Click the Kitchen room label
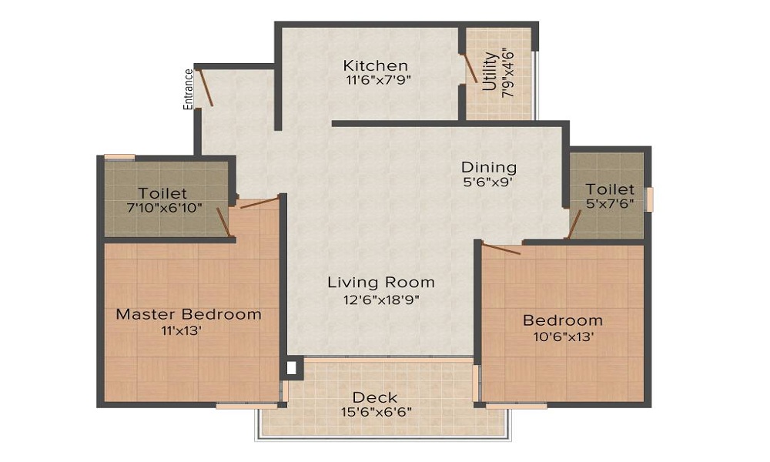pyautogui.click(x=376, y=65)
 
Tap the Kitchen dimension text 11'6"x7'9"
pyautogui.click(x=376, y=79)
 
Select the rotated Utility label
pyautogui.click(x=490, y=72)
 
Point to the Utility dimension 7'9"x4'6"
pyautogui.click(x=507, y=72)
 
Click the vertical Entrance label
pyautogui.click(x=188, y=89)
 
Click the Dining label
pyautogui.click(x=488, y=167)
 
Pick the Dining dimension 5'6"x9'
pyautogui.click(x=488, y=182)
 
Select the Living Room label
pyautogui.click(x=381, y=283)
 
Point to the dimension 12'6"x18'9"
pyautogui.click(x=381, y=299)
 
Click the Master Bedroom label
pyautogui.click(x=189, y=314)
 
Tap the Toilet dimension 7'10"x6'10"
pyautogui.click(x=163, y=207)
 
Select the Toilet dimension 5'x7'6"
pyautogui.click(x=610, y=204)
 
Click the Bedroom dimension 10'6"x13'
pyautogui.click(x=563, y=336)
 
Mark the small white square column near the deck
pyautogui.click(x=291, y=367)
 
